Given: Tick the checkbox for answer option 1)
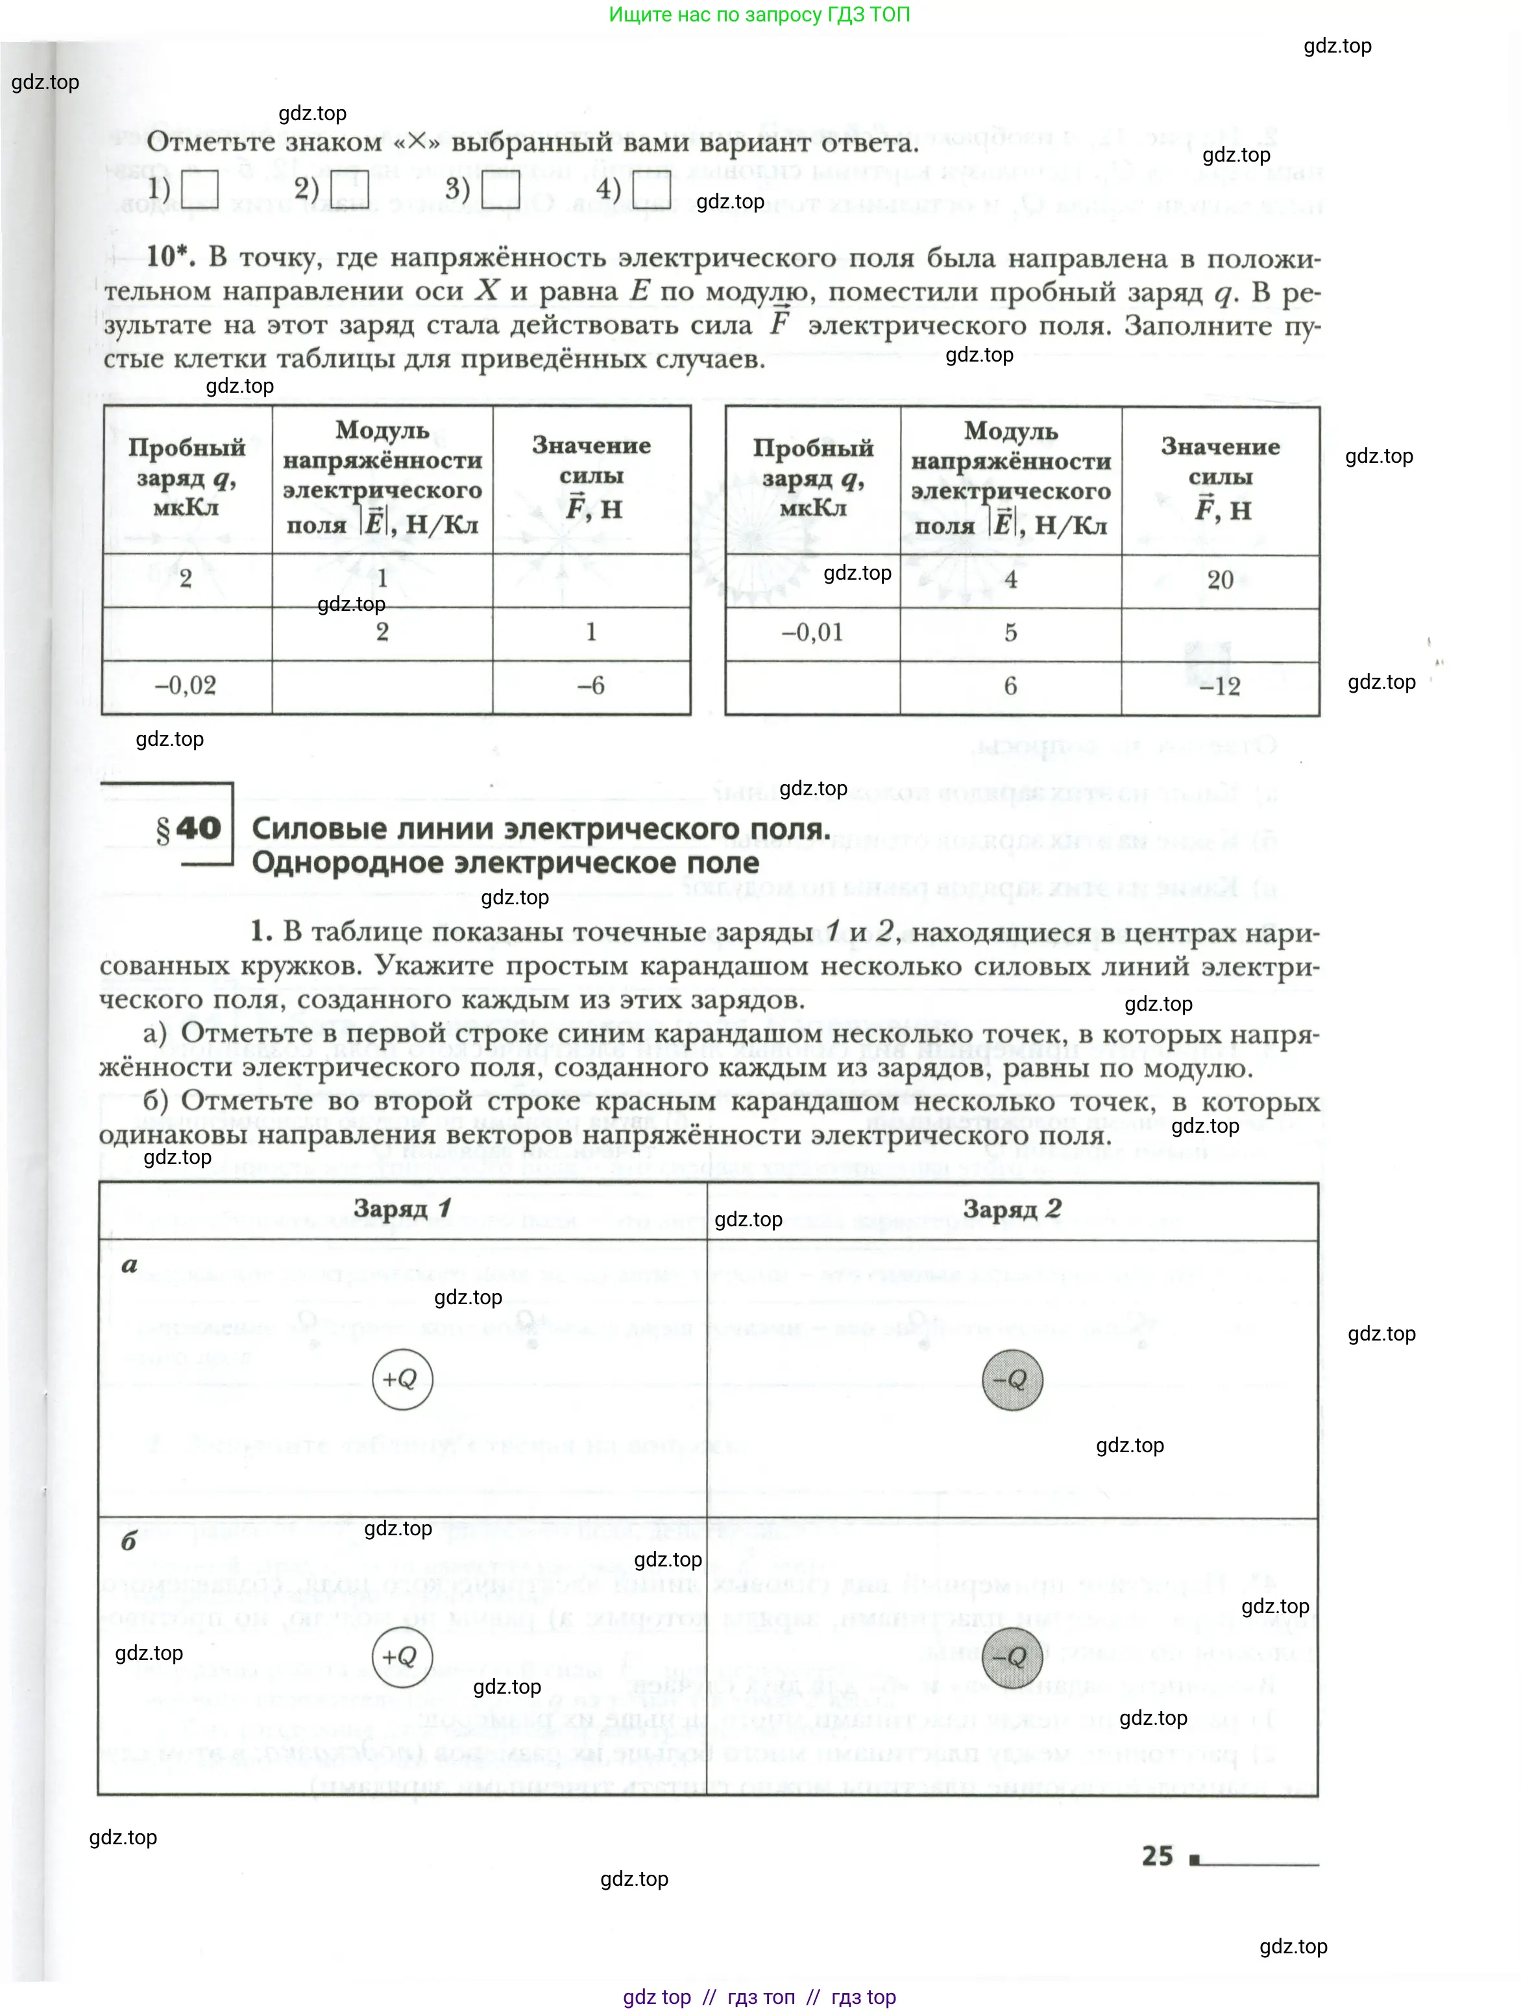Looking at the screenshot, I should pyautogui.click(x=199, y=190).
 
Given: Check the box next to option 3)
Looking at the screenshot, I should pyautogui.click(x=501, y=190).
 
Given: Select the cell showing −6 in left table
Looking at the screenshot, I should pyautogui.click(x=591, y=685).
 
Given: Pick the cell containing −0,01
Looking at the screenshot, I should pyautogui.click(x=812, y=632).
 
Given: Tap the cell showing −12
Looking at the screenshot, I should pyautogui.click(x=1219, y=686).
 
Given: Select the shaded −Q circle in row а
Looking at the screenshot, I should pyautogui.click(x=1012, y=1379).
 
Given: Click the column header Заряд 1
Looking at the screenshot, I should pyautogui.click(x=402, y=1209).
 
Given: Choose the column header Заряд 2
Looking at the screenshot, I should pyautogui.click(x=1012, y=1209).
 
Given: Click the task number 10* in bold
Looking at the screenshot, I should pyautogui.click(x=170, y=257).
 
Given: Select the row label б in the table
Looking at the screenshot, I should pyautogui.click(x=128, y=1540).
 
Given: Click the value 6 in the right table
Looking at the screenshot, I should pyautogui.click(x=1010, y=686).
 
